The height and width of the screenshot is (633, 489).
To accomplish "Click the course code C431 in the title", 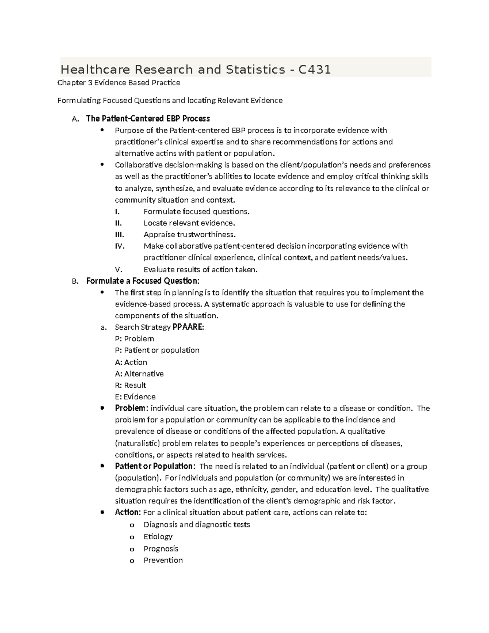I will [314, 70].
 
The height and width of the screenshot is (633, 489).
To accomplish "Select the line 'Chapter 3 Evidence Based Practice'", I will [119, 83].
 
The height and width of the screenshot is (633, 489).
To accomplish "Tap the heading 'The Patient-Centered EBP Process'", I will [148, 119].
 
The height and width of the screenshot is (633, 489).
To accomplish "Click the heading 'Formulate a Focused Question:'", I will [143, 281].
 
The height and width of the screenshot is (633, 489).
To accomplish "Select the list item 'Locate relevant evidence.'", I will [189, 223].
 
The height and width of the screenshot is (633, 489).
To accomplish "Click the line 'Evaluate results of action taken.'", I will [200, 269].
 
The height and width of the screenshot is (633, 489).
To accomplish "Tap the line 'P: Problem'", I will [134, 339].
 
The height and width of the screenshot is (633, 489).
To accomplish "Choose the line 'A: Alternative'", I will [139, 374].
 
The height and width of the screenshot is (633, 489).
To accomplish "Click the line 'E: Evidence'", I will [135, 397].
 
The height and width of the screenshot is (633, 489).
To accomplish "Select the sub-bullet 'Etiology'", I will [158, 536].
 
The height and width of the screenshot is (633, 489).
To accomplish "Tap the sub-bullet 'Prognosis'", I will [161, 548].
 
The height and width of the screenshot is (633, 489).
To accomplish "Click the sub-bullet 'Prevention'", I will [163, 560].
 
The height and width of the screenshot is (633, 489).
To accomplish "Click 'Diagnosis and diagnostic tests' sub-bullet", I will [197, 525].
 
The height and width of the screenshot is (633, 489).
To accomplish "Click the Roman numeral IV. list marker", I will [119, 246].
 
